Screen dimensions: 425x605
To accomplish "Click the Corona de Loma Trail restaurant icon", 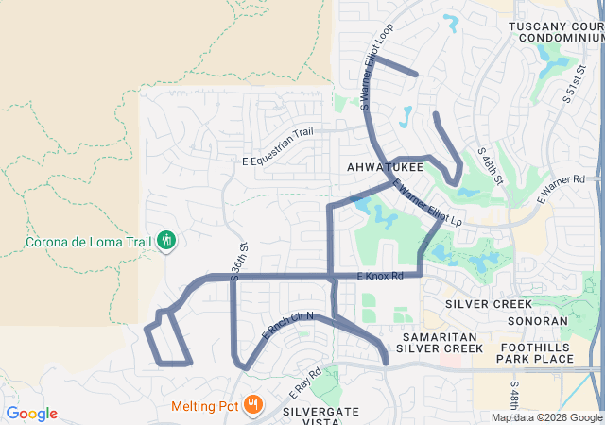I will click(x=166, y=241).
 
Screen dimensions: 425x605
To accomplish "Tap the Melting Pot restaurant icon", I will click(x=252, y=406).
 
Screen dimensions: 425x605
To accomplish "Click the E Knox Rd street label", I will click(x=381, y=276).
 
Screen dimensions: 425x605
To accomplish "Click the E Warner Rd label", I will click(x=562, y=189).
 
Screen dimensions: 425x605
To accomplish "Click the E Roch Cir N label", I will click(x=286, y=327).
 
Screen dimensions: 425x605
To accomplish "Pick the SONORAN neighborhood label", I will click(x=537, y=320).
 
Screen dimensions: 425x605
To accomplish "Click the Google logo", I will click(x=31, y=414).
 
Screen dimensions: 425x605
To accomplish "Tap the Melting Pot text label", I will click(x=203, y=407).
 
